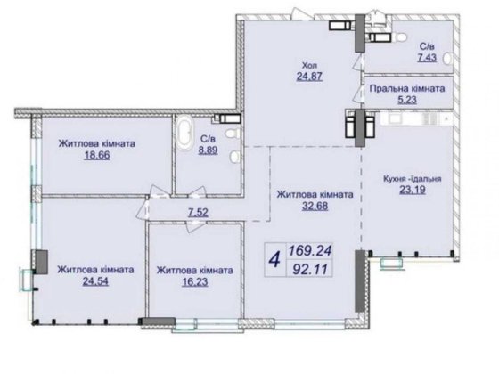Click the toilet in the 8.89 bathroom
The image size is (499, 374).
[232, 132]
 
